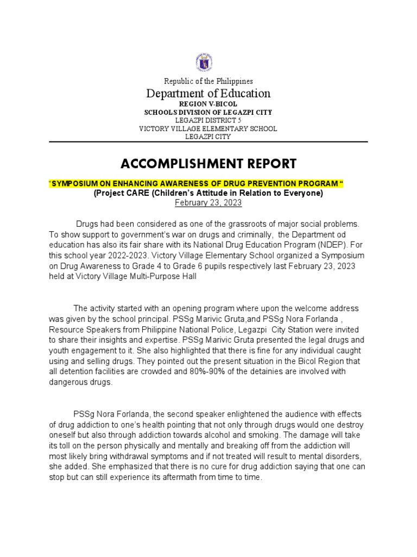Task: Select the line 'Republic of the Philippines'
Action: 208,81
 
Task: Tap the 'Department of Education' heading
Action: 208,94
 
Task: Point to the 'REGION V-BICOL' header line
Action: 208,104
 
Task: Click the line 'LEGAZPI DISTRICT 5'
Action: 208,120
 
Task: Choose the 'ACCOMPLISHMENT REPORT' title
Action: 208,163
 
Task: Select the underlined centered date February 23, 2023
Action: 208,202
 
